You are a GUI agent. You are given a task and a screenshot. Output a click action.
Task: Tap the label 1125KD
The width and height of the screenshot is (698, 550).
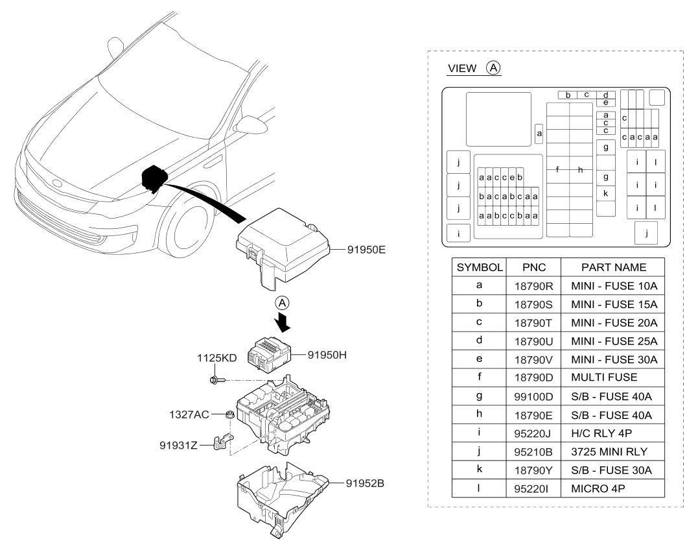coord(216,357)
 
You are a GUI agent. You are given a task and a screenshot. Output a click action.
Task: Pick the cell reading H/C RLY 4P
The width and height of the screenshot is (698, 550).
coord(605,430)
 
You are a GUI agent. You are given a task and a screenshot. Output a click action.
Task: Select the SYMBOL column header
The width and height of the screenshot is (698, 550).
coord(480,267)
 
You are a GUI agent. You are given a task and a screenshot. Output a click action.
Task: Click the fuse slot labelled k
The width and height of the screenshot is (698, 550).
coord(605,193)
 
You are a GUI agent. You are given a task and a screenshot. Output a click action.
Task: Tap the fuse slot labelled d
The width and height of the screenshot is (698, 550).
coord(605,95)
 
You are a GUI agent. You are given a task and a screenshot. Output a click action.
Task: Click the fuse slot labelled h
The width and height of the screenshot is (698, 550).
coord(581,170)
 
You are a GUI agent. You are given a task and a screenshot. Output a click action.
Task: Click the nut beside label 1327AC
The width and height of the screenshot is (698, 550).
coord(229,414)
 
